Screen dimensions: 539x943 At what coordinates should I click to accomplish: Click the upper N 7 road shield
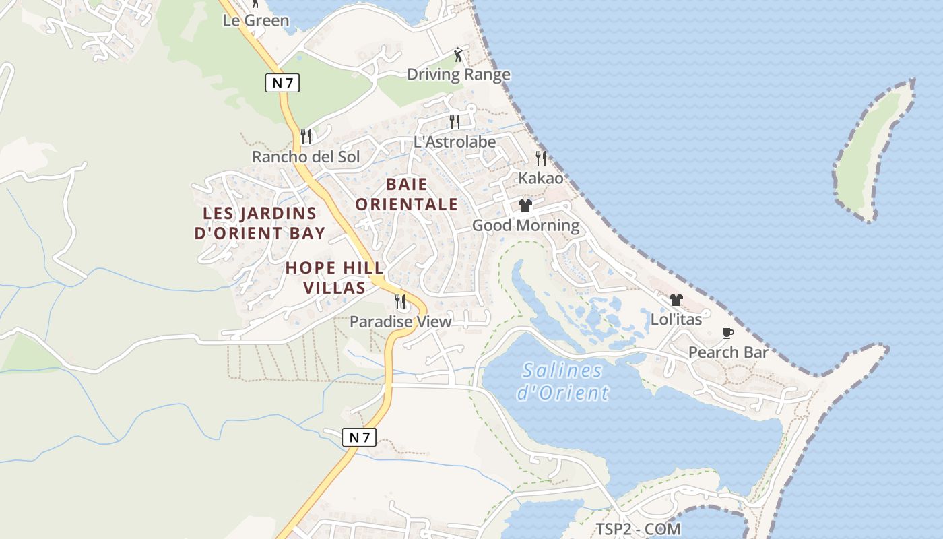point(282,83)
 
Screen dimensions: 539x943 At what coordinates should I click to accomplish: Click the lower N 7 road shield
point(359,437)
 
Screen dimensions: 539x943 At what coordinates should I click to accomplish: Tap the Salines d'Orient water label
point(562,381)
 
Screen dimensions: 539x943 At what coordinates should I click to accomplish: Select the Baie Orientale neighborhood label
point(406,194)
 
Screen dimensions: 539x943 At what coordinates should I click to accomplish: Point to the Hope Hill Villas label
point(335,278)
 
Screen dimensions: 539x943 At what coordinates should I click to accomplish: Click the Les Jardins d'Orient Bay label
point(260,223)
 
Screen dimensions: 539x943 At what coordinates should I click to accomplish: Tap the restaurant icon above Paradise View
point(400,301)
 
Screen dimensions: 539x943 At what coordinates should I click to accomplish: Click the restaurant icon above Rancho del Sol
point(306,137)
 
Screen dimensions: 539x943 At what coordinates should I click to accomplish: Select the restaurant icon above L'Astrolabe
point(455,121)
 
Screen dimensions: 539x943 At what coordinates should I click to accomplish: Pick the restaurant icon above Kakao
point(541,158)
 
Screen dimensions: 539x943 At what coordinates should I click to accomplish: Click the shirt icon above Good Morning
point(525,205)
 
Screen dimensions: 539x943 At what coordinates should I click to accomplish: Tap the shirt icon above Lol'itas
point(676,300)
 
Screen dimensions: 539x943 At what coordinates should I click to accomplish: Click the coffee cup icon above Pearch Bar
point(728,333)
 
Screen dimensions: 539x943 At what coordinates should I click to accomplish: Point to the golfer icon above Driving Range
point(459,55)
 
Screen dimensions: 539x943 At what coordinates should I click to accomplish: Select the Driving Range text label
point(459,74)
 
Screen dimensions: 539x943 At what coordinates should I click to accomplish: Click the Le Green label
point(256,20)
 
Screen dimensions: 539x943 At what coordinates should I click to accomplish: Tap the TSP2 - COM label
point(638,529)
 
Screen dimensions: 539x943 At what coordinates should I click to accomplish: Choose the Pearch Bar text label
point(728,352)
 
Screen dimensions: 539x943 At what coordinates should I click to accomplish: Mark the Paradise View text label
point(400,321)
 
